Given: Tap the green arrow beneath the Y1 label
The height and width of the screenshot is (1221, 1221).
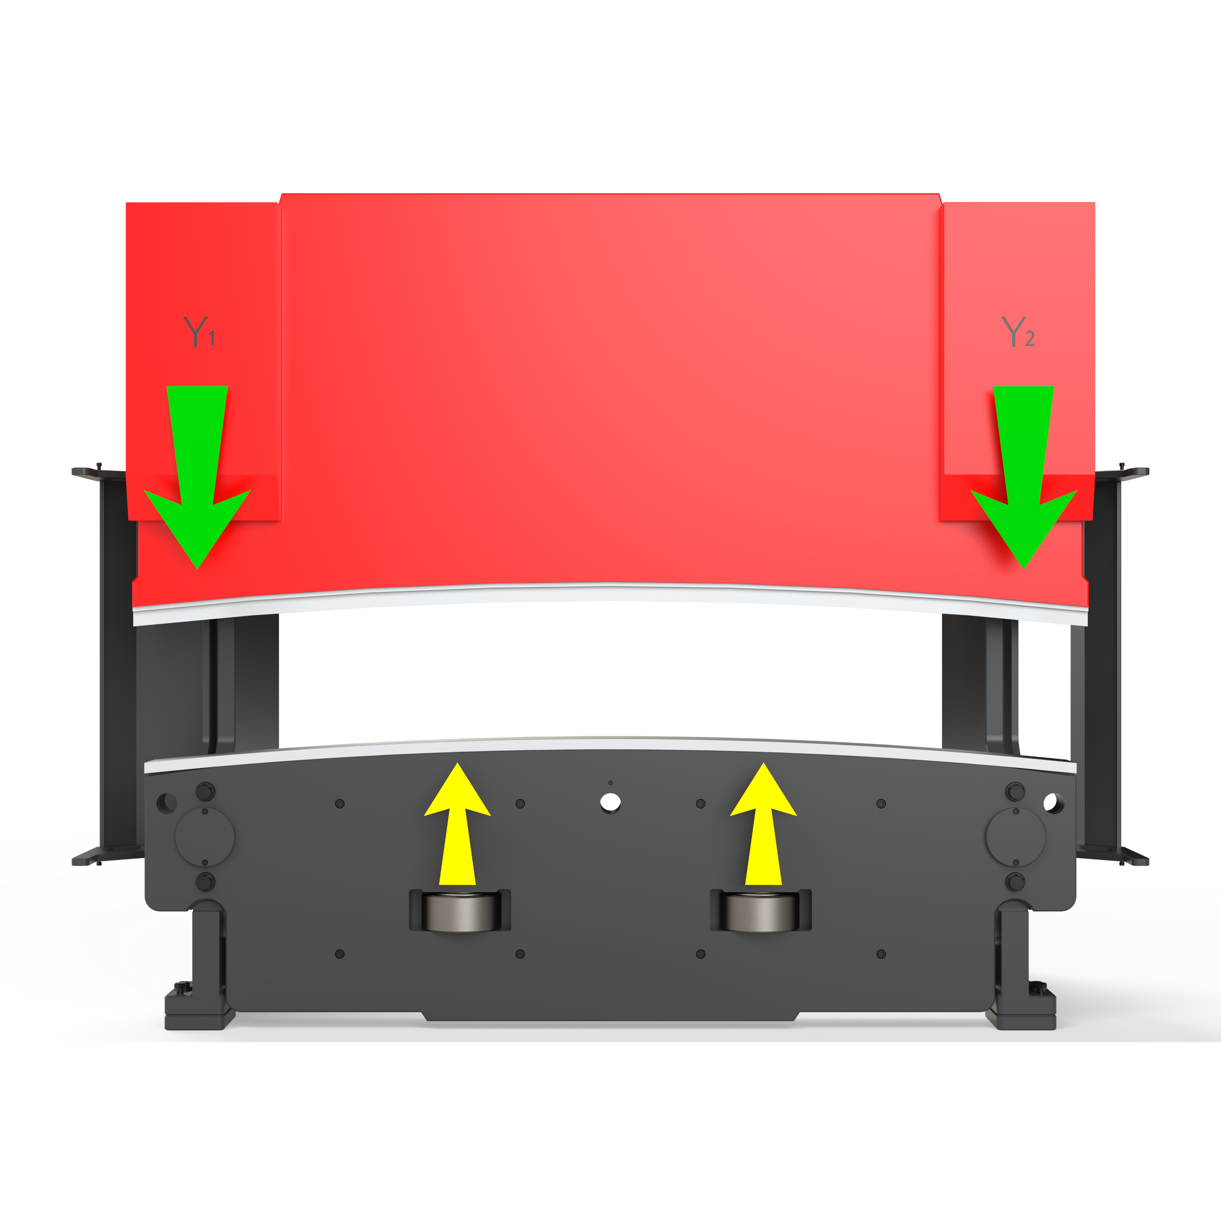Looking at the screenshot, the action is pyautogui.click(x=197, y=477).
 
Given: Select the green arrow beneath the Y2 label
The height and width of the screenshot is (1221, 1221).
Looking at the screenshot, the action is pyautogui.click(x=1023, y=477).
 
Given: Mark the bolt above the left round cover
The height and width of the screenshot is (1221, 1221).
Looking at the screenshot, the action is pyautogui.click(x=205, y=791).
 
